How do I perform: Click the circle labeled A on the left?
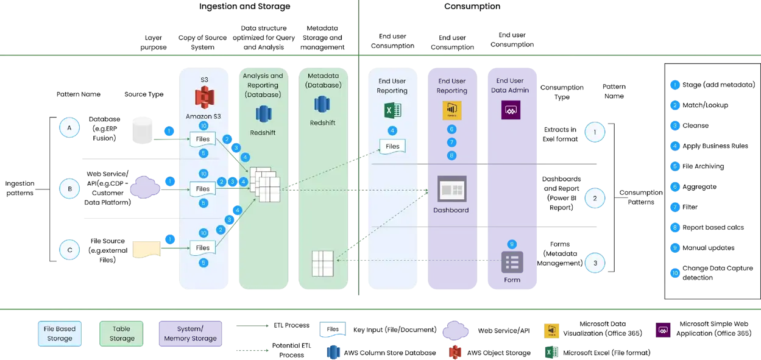click(69, 128)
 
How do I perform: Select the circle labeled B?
click(69, 189)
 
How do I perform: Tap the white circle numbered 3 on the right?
click(595, 263)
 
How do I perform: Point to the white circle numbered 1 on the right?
click(595, 132)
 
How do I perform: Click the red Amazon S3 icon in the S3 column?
click(203, 98)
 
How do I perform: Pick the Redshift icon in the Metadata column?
click(322, 104)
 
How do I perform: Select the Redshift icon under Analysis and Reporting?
click(263, 114)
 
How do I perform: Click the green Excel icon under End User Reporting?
click(392, 111)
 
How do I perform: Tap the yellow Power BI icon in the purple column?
click(451, 110)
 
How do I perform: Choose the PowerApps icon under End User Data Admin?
click(509, 110)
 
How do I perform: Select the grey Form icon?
click(512, 262)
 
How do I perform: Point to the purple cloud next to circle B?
click(145, 188)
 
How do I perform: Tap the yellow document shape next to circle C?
click(146, 249)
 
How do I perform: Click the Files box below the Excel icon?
click(392, 146)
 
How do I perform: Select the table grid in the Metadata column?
click(322, 263)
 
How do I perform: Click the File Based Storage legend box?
click(60, 333)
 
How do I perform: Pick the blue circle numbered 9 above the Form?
click(512, 244)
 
